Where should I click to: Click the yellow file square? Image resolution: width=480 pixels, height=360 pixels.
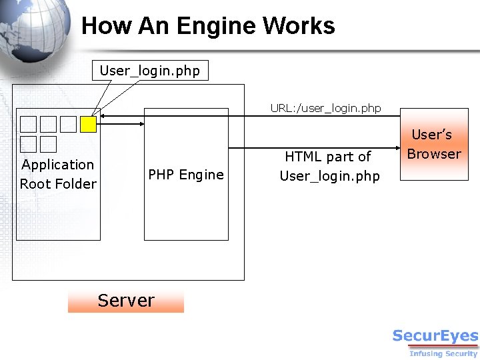pos(88,124)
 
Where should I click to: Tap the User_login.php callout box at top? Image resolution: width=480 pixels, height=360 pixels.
pos(150,70)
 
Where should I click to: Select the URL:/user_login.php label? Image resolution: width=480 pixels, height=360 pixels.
pos(325,108)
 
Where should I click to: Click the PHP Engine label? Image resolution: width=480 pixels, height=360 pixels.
pos(186,175)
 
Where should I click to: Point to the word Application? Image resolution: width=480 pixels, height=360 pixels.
pos(58,165)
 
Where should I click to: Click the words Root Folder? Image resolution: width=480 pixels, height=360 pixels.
pos(58,184)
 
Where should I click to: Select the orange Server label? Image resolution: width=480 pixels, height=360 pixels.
pos(125,301)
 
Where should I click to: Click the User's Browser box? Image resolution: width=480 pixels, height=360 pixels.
pos(433,144)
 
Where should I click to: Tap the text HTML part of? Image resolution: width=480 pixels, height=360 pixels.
pos(328,157)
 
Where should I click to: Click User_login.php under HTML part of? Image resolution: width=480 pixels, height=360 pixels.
pos(329,176)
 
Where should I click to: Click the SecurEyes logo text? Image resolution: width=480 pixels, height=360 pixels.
pos(435,336)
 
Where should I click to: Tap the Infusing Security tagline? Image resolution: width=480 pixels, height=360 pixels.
pos(443,353)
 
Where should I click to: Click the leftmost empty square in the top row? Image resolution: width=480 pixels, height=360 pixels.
pos(28,124)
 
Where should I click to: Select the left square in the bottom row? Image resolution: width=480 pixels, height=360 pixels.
pos(28,144)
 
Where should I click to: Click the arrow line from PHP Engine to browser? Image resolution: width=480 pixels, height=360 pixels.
pos(313,148)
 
